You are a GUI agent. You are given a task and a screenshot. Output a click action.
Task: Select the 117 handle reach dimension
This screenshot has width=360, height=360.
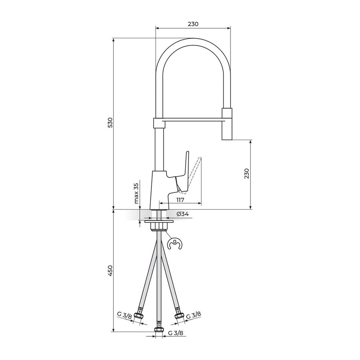click(x=180, y=200)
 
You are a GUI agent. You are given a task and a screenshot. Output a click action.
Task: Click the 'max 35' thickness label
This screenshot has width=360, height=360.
click(x=136, y=193)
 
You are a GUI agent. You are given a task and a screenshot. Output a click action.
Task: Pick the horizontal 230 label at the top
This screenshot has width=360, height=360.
click(x=193, y=24)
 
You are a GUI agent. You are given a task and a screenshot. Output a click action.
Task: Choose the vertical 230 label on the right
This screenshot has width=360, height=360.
click(x=247, y=174)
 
